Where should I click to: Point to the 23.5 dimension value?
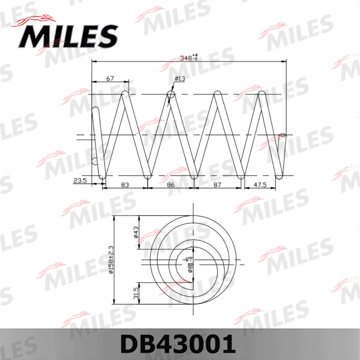click(x=80, y=181)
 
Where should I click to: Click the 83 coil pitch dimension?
click(x=125, y=185)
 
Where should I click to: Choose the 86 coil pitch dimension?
click(x=171, y=185)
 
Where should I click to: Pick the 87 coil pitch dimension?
click(x=217, y=185)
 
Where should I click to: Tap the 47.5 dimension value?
click(x=260, y=185)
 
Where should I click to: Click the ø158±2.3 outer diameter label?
click(x=111, y=260)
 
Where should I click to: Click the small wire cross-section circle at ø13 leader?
click(x=171, y=94)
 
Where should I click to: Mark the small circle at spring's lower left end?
click(x=95, y=161)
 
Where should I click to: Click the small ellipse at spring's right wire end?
click(x=283, y=135)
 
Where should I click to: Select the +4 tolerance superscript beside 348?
click(x=196, y=55)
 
